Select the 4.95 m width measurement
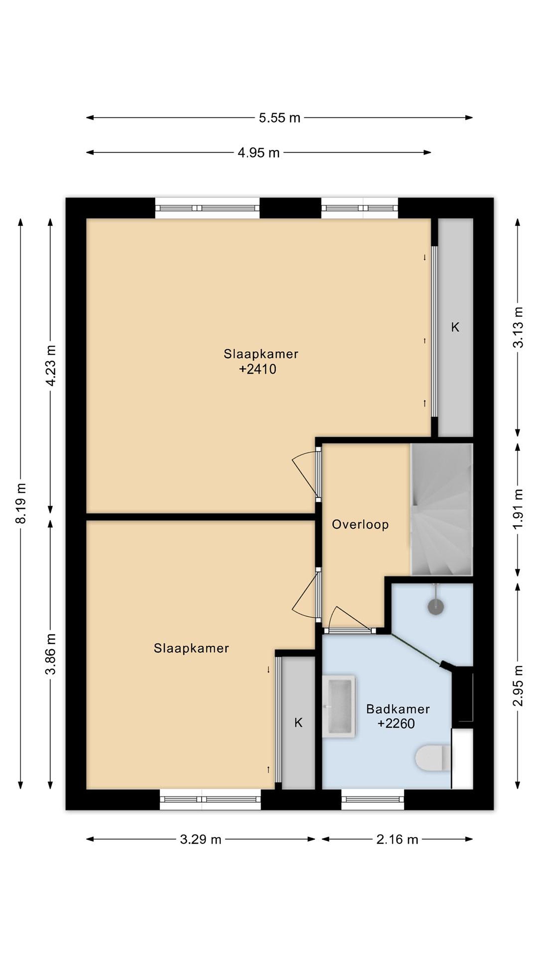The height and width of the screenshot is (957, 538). coord(258,153)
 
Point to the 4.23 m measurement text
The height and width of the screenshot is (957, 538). coord(50,366)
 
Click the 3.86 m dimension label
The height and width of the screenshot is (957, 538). coord(50,654)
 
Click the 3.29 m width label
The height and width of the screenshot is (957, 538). coord(201,829)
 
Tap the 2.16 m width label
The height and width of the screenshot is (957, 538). coord(397,829)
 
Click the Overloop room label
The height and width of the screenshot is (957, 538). coord(360,524)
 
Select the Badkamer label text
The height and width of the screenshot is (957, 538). coord(398,709)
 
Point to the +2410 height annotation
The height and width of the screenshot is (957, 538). coord(258,369)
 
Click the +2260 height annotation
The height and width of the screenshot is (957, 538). coord(396,723)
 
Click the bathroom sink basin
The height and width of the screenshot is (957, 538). coord(338,706)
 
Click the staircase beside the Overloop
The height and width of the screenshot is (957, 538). coord(441,509)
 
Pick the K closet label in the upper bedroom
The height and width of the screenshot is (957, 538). coord(455,327)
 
